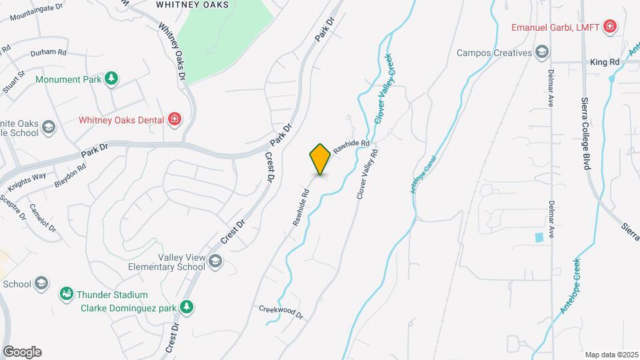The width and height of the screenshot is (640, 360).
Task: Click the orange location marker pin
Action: click(x=320, y=159)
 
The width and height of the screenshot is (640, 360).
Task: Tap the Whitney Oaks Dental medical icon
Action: click(x=175, y=119)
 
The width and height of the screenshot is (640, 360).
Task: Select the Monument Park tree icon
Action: click(x=112, y=79)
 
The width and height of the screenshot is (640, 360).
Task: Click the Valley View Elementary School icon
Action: click(x=215, y=261)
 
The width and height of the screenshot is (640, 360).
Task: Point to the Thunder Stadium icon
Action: click(x=66, y=294)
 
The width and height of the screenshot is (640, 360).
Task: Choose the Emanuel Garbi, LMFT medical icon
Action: click(x=609, y=27)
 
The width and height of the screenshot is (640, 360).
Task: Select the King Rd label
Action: click(x=605, y=61)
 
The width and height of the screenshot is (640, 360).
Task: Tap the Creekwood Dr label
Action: click(x=281, y=311)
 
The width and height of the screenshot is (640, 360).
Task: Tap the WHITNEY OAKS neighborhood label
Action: click(x=192, y=4)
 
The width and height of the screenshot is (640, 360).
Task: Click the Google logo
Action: click(x=22, y=351)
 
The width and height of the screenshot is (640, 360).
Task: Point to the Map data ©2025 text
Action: click(x=610, y=354)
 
